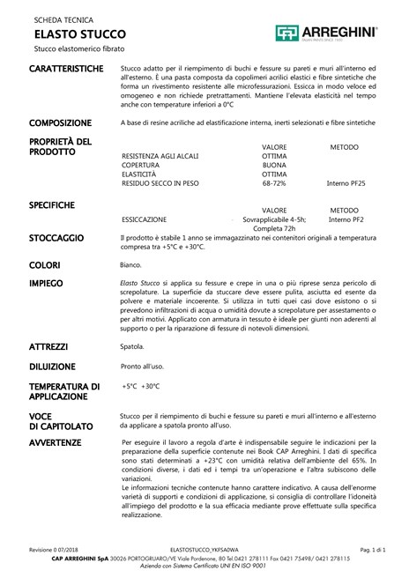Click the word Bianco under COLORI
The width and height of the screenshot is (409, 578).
131,263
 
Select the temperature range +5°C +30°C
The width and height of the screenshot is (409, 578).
141,386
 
